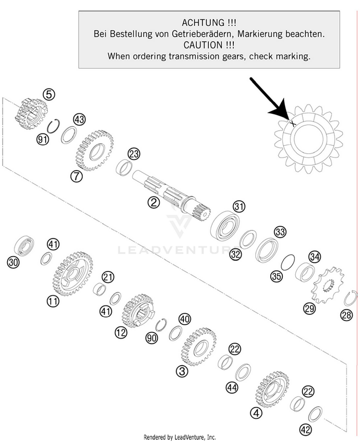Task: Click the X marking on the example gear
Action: coord(293,123)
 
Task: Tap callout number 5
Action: coord(49,95)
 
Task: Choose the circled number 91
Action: coord(43,139)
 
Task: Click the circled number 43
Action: coord(79,120)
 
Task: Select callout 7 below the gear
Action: coord(76,176)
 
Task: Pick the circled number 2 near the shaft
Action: coord(154,202)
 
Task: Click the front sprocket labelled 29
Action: coord(327,285)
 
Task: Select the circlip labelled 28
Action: coord(350,299)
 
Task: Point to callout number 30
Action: coord(13,263)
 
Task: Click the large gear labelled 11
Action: coord(72,274)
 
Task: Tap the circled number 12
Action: coord(121,333)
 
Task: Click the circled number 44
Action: coord(232,388)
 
